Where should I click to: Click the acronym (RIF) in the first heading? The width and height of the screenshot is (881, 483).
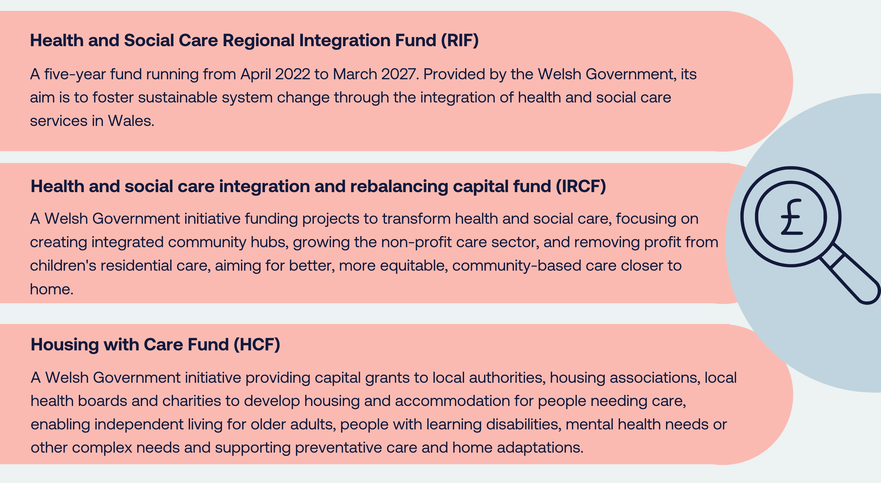point(459,40)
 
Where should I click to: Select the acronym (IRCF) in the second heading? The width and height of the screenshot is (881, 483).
point(580,187)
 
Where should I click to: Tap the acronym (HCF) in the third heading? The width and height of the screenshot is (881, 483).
point(257,344)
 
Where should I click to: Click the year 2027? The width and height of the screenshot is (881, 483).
point(399,74)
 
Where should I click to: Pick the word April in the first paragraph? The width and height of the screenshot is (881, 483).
point(256,74)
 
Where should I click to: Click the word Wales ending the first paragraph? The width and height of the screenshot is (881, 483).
point(131,121)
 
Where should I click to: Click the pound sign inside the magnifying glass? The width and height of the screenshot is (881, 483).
point(791,217)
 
